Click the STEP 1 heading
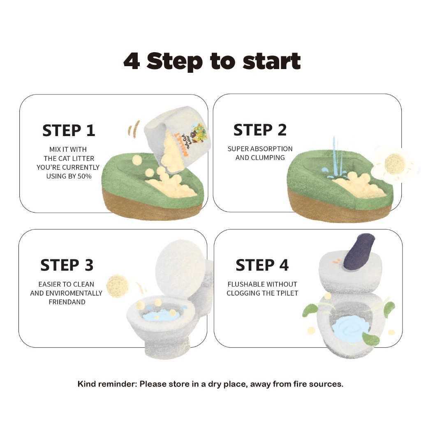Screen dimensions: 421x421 [x=69, y=130]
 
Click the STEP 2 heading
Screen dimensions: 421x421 [x=260, y=130]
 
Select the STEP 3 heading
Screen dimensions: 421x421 [x=67, y=265]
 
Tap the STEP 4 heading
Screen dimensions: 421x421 [x=262, y=265]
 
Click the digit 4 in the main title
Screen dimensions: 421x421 [x=132, y=61]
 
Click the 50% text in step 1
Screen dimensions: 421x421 [x=85, y=176]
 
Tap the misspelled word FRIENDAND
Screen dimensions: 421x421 [x=67, y=302]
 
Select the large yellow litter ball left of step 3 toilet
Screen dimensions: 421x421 [x=117, y=286]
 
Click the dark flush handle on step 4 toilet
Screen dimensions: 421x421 [x=359, y=253]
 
